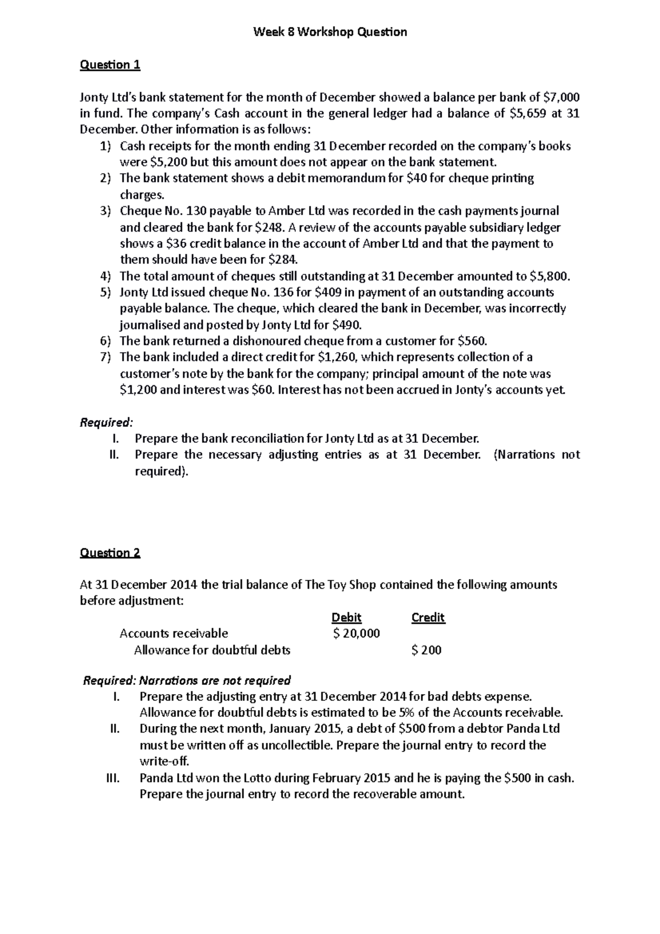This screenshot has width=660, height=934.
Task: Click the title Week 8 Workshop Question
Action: click(x=330, y=32)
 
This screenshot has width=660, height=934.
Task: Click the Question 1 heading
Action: click(x=110, y=65)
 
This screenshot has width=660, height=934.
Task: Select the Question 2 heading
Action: click(x=110, y=553)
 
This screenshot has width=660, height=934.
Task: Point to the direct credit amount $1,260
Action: click(x=338, y=357)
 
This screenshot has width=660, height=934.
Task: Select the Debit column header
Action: click(x=346, y=618)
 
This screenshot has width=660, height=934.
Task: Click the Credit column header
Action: click(x=428, y=618)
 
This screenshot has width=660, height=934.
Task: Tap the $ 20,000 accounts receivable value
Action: click(x=356, y=634)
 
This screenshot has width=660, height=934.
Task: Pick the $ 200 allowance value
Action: click(x=426, y=650)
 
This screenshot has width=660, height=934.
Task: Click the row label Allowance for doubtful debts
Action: click(x=212, y=650)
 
